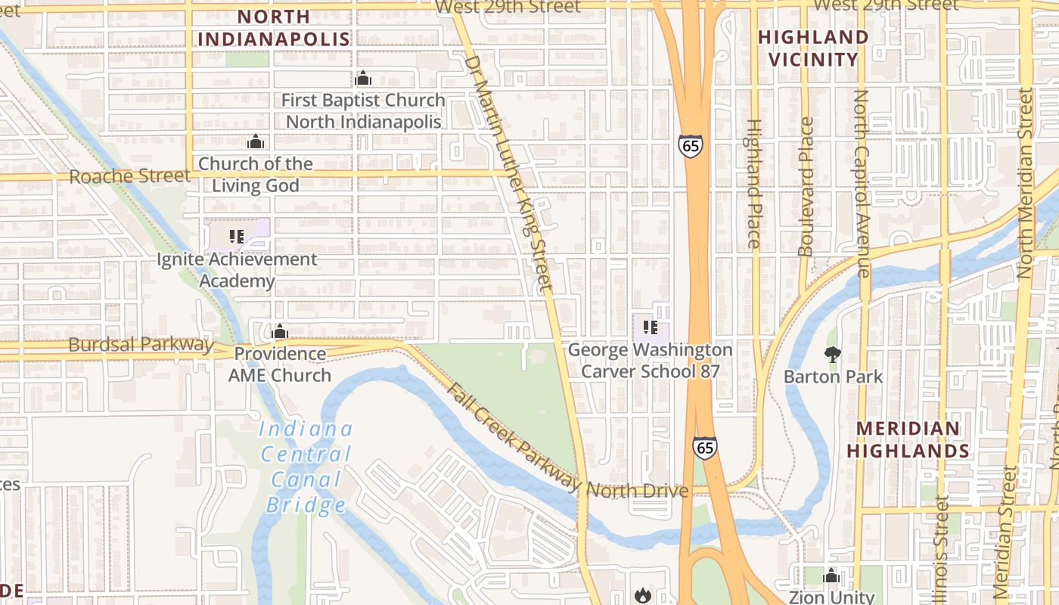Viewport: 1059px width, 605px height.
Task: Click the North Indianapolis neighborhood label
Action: coord(274,28)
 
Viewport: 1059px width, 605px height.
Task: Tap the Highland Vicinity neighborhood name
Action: coord(813,48)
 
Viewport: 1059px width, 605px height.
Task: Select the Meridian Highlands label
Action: coord(908,439)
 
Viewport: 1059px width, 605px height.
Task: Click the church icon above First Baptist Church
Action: coord(363,78)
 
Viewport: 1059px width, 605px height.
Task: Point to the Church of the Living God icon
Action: coord(256,142)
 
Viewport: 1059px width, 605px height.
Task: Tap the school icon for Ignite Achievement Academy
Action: coord(237,237)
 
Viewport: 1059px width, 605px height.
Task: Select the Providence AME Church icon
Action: coord(280,331)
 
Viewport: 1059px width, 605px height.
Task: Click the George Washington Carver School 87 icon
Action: coord(650,327)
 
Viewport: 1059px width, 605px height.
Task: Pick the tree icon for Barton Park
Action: coord(832,354)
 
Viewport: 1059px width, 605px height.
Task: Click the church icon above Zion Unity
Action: coord(831,576)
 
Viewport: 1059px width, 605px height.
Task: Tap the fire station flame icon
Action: coord(643,595)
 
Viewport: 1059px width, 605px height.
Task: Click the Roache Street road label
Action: coord(129,176)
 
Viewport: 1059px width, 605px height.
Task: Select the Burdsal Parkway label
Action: coord(141,344)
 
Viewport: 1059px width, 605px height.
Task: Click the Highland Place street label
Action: coord(753,183)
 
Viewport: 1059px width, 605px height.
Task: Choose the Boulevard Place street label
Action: coord(806,186)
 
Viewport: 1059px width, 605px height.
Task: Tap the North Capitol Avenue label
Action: coord(862,183)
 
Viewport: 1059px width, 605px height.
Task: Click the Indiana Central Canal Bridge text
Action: coord(306,467)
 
